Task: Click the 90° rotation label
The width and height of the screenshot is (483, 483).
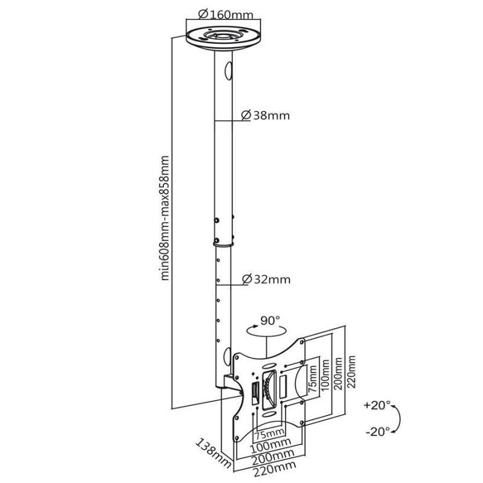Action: (x=272, y=320)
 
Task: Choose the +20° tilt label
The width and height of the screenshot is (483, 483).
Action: (x=378, y=404)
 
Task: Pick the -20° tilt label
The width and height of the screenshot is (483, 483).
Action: (x=378, y=431)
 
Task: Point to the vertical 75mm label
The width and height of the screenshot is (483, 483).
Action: (x=312, y=382)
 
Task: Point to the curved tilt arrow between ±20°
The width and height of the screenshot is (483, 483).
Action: (x=397, y=418)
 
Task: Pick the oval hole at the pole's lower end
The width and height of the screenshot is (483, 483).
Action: (x=226, y=356)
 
